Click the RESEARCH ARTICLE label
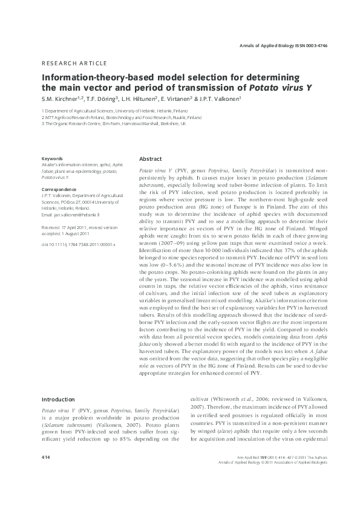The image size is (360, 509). click(74, 63)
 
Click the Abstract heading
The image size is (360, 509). click(151, 158)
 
